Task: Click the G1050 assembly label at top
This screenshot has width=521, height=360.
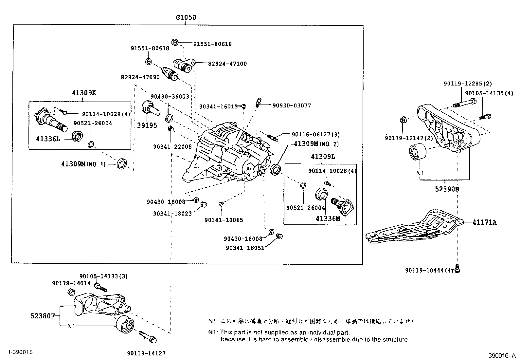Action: click(186, 17)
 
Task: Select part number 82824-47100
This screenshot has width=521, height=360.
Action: click(227, 64)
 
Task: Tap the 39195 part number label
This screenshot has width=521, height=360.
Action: click(147, 125)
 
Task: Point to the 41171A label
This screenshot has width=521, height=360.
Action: click(484, 222)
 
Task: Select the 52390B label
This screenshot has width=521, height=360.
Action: click(447, 189)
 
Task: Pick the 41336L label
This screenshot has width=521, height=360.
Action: click(48, 139)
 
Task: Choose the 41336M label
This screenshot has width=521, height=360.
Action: click(328, 218)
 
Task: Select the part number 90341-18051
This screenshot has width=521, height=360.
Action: click(245, 248)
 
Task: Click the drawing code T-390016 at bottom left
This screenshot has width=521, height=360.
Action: click(20, 352)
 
